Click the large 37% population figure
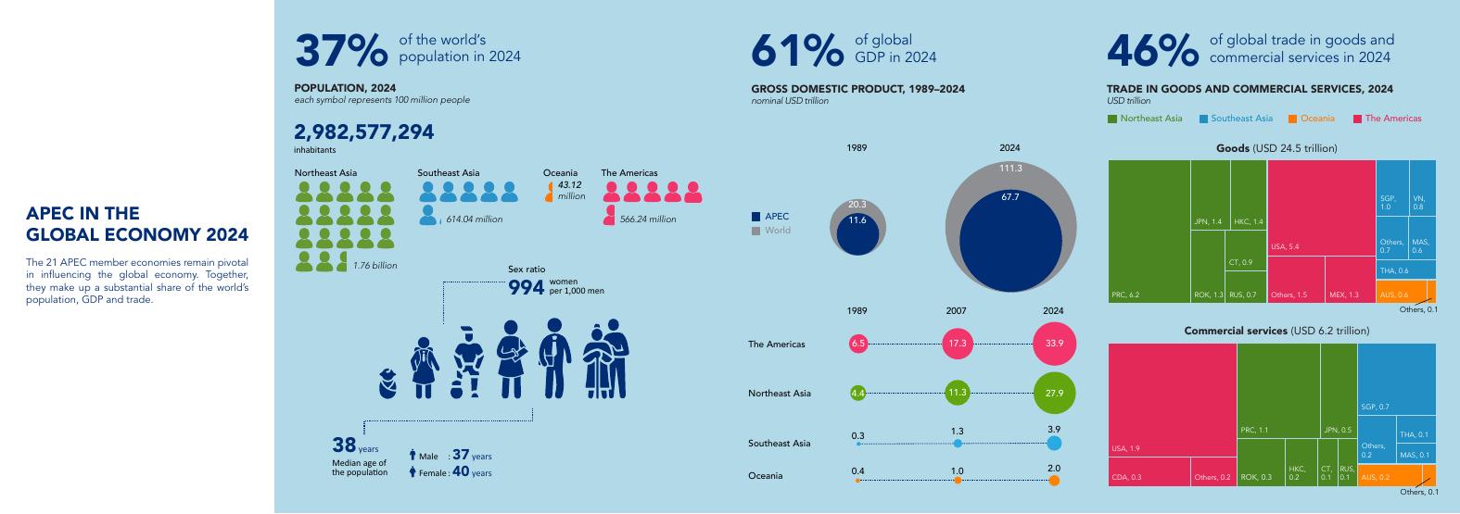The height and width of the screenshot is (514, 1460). point(341,51)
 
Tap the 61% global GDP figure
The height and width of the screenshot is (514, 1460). point(797,51)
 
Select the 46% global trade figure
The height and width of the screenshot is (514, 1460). point(1153,51)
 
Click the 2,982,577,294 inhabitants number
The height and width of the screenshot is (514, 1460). point(363,132)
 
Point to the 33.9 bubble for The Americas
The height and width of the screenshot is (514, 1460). point(1054,344)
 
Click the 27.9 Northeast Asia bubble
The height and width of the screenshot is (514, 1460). point(1054,393)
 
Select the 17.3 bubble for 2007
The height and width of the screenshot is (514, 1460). point(957,344)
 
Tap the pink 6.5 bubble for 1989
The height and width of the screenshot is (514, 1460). point(857,344)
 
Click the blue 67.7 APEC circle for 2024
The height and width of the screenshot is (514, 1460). point(1010,240)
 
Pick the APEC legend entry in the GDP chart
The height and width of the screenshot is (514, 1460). point(770,217)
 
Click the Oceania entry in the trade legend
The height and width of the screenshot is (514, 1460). point(1312,119)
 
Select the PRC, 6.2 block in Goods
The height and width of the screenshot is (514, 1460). point(1149,232)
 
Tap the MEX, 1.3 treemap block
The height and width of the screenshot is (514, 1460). point(1350,280)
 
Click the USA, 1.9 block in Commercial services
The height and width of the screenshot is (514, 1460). point(1172,400)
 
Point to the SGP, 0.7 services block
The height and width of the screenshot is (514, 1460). point(1396,379)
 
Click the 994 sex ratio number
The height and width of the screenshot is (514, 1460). point(526,287)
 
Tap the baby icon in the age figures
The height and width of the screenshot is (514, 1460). point(387,383)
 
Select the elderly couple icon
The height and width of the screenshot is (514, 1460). point(605,358)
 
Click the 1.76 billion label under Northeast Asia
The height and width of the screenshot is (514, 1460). point(375,266)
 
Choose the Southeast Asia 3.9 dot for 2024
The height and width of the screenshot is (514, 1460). point(1054,443)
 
